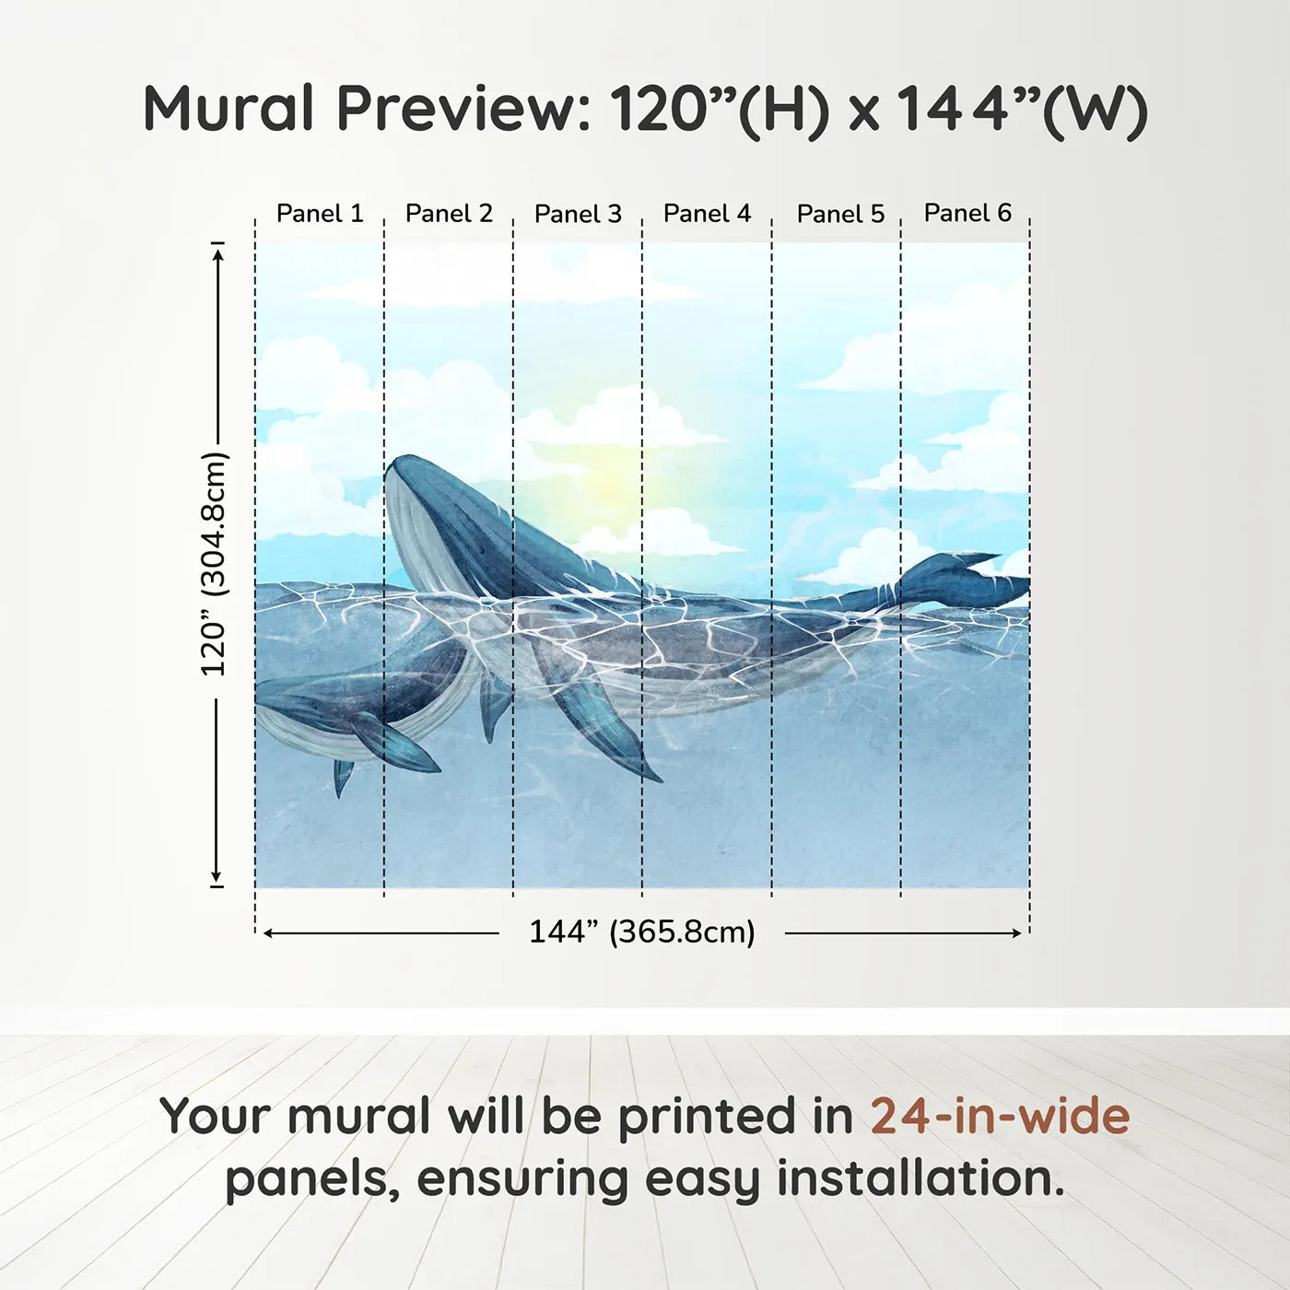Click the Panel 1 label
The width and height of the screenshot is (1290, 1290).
pyautogui.click(x=320, y=214)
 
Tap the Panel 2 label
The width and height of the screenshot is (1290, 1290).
pyautogui.click(x=449, y=214)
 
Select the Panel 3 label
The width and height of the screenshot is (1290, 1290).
pyautogui.click(x=578, y=214)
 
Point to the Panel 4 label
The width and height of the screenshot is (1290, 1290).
pyautogui.click(x=707, y=214)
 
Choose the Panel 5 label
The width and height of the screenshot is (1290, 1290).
pyautogui.click(x=840, y=214)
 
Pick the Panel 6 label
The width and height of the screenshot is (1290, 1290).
pyautogui.click(x=967, y=213)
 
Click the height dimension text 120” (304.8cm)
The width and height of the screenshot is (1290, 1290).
pyautogui.click(x=214, y=564)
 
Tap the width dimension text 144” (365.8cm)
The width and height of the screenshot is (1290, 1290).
pyautogui.click(x=641, y=932)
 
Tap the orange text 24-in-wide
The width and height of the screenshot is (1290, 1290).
pyautogui.click(x=1000, y=1116)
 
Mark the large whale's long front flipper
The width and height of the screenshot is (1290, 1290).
pyautogui.click(x=604, y=728)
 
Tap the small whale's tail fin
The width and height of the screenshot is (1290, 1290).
pyautogui.click(x=343, y=777)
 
